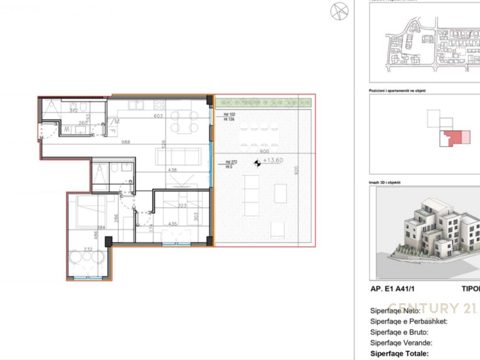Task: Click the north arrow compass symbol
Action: click(339, 12)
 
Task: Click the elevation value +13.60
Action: click(273, 160)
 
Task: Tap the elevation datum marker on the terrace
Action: click(256, 163)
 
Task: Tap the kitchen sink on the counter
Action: click(133, 104)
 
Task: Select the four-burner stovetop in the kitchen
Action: click(158, 104)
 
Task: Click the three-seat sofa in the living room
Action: click(178, 156)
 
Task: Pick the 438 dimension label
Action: click(172, 170)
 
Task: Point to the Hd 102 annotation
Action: click(229, 115)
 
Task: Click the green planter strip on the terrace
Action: click(262, 102)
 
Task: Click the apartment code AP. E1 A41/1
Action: click(393, 289)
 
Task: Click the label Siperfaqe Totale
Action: click(399, 354)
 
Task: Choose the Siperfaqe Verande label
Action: click(401, 343)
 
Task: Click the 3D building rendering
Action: click(431, 232)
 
